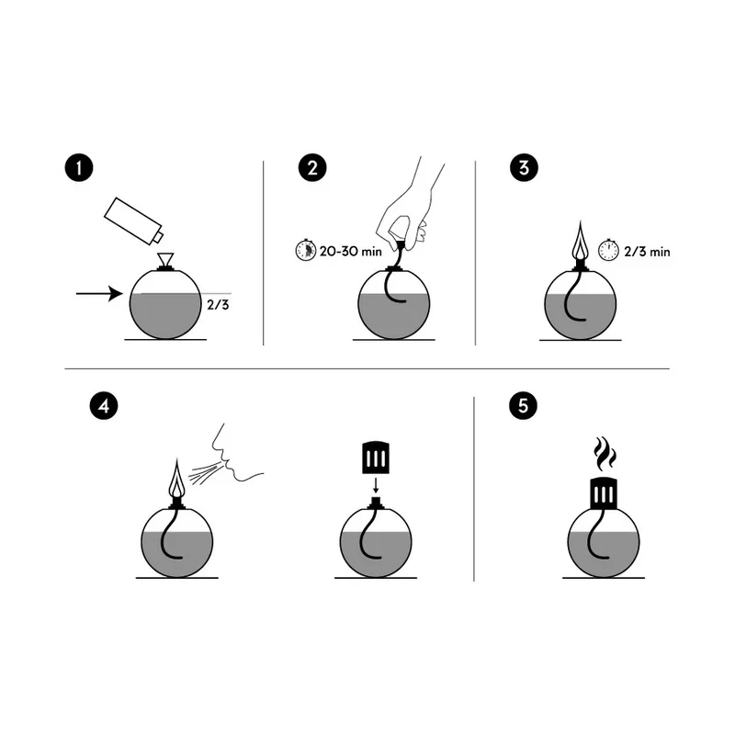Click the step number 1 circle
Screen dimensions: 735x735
click(x=80, y=169)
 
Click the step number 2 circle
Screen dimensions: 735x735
click(x=312, y=169)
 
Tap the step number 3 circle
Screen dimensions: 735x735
click(x=523, y=169)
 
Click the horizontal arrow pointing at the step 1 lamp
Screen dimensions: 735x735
click(x=99, y=294)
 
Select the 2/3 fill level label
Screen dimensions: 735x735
click(x=218, y=304)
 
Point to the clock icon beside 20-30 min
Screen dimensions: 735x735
click(x=304, y=250)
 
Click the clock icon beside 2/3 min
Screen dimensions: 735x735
click(x=607, y=250)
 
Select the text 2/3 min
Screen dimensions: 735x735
click(x=647, y=250)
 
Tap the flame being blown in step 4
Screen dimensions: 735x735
click(x=177, y=477)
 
